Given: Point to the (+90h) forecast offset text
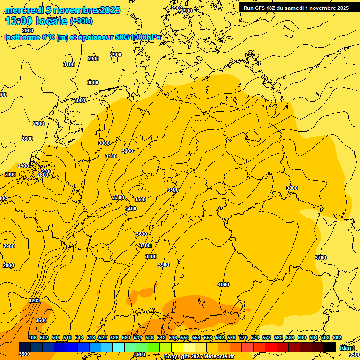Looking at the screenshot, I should tap(81, 21).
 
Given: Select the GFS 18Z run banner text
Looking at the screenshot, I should tap(296, 8).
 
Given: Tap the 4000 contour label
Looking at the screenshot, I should tap(224, 285).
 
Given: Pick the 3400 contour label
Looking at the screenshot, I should tap(131, 209).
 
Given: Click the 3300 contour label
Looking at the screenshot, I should tap(119, 197).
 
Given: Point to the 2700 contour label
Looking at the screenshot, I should tap(46, 171).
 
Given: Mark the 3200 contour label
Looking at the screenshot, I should tap(127, 151).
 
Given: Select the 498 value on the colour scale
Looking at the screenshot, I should tap(32, 337).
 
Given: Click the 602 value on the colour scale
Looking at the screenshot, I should tap(337, 337).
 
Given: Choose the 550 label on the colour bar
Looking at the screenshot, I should tap(185, 337).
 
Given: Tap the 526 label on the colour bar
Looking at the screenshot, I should tap(114, 337).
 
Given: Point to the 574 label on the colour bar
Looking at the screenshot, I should tap(255, 337).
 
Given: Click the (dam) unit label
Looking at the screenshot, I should tap(347, 348).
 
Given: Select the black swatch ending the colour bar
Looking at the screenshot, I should tap(330, 347).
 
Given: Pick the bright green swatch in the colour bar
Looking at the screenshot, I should tap(154, 347).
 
